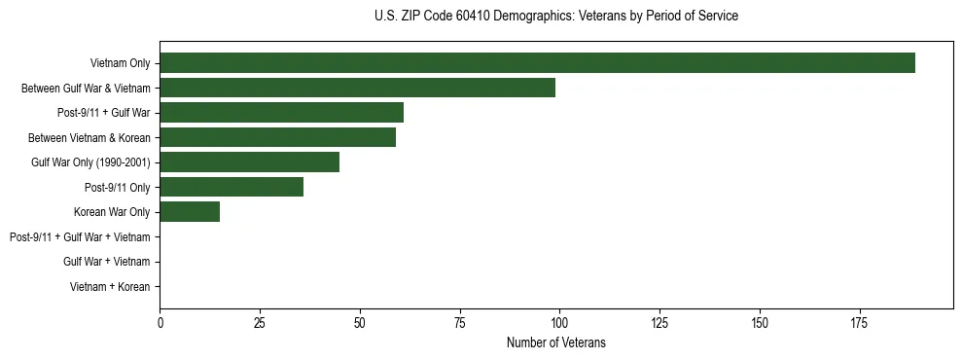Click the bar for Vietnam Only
[x=537, y=63]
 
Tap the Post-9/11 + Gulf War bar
[x=281, y=113]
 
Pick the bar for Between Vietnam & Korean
[x=277, y=137]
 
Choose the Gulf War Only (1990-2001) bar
[x=249, y=162]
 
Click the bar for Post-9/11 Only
[x=232, y=187]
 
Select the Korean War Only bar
[x=190, y=212]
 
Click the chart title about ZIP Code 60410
[x=555, y=17]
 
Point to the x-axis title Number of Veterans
[x=555, y=342]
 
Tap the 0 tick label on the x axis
[x=160, y=322]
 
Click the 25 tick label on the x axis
[x=260, y=322]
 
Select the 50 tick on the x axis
[x=359, y=322]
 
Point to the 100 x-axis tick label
[x=559, y=322]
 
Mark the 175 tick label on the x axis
[x=859, y=322]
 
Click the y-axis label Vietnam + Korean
[x=110, y=287]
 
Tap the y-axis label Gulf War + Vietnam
[x=106, y=262]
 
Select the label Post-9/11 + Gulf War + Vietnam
[x=80, y=237]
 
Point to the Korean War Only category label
[x=111, y=212]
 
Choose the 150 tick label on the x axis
[x=759, y=322]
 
